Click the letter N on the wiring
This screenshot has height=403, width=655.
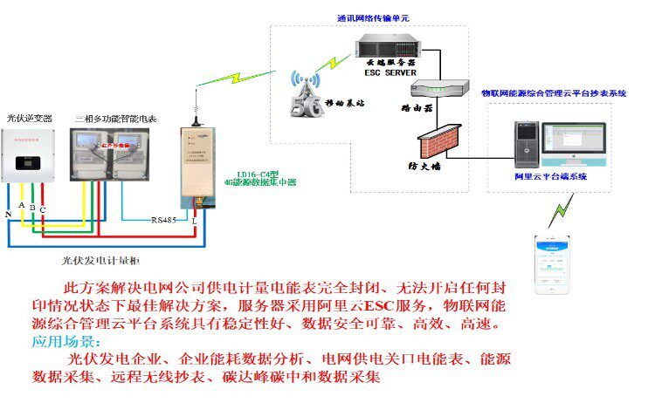9,213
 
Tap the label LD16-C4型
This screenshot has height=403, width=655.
249,174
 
